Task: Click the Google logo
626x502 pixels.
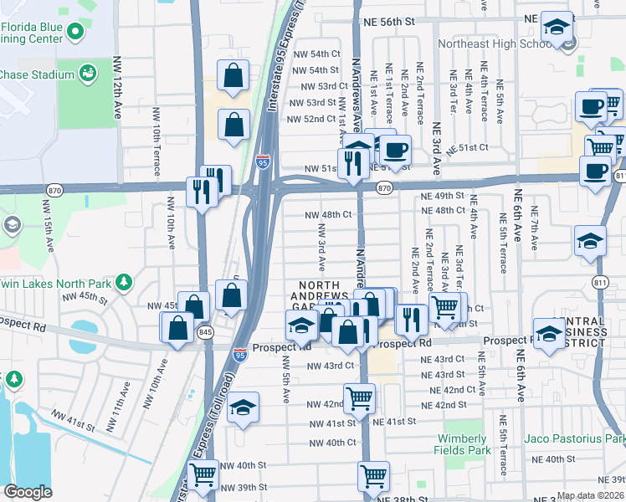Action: (28, 492)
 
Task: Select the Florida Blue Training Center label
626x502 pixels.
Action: (32, 33)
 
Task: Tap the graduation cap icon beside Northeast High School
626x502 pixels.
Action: (556, 28)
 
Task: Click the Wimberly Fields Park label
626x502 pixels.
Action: (461, 444)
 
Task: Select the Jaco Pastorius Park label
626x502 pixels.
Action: (574, 438)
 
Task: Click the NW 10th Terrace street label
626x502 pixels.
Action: (156, 134)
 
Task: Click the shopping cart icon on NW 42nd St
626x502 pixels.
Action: (359, 398)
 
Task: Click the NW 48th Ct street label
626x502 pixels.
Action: (328, 214)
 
